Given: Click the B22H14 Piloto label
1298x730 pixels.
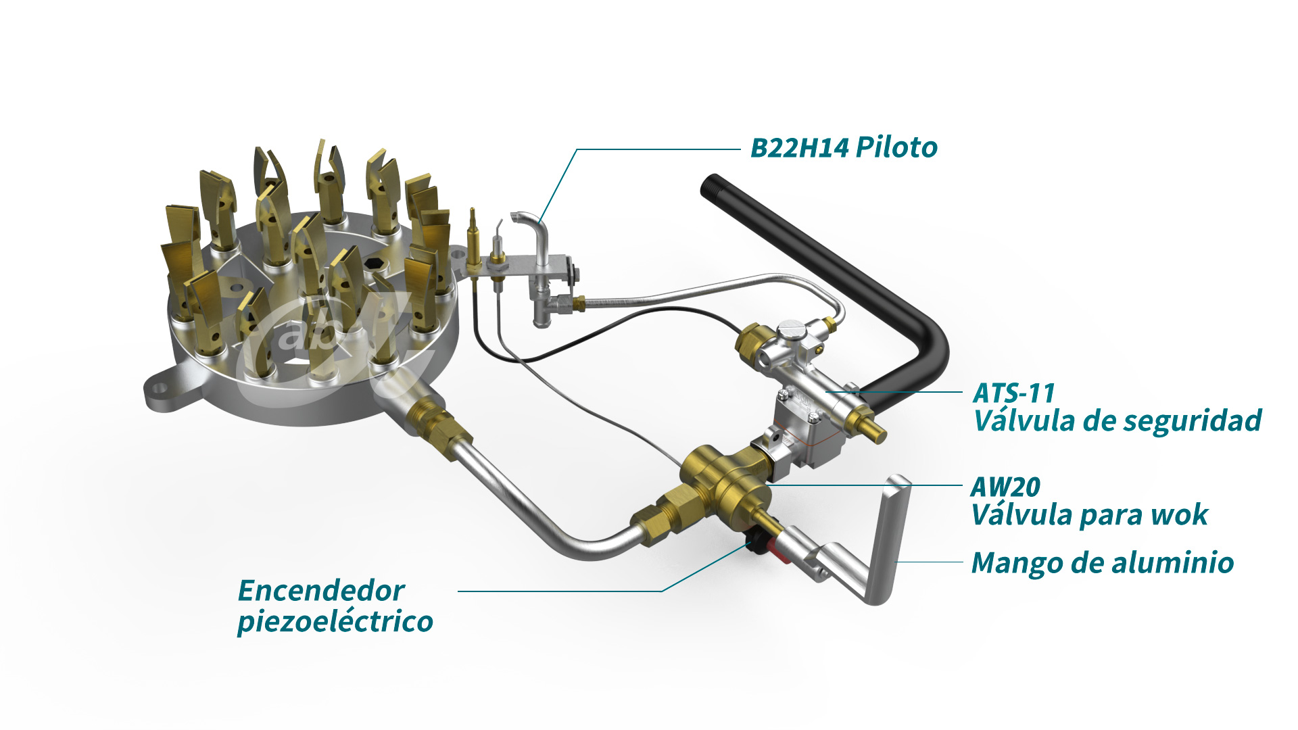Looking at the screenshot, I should coord(844,147).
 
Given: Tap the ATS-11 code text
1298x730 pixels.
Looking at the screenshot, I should coord(1013,393).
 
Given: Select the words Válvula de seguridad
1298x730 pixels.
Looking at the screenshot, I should coord(1117,420).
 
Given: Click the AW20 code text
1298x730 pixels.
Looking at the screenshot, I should coord(1005,487).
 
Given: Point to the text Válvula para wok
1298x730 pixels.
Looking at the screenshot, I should coord(1088,515).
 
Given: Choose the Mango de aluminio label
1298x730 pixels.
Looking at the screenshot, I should coord(1102,562).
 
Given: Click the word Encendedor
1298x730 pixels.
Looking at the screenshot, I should coord(321,591).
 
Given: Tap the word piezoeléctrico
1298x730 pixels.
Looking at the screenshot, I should coord(335,622).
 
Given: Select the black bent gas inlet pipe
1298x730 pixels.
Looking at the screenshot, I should coord(845,270).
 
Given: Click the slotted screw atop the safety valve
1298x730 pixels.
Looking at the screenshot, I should coord(790,330).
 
